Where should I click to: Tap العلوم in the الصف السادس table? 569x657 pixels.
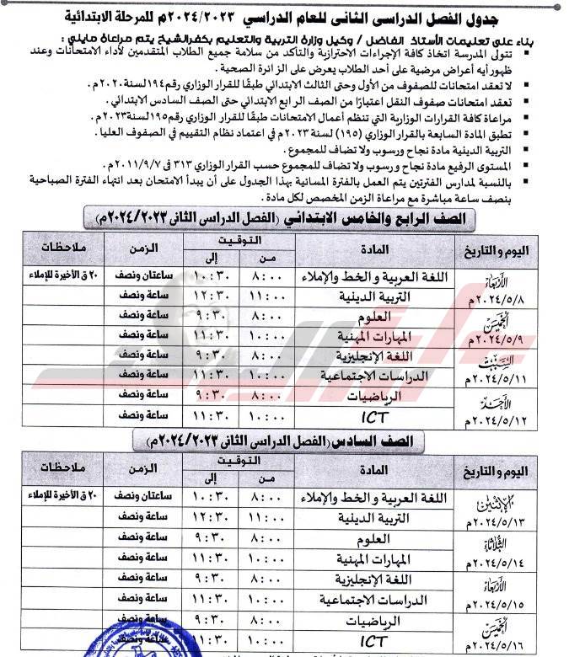pyautogui.click(x=376, y=538)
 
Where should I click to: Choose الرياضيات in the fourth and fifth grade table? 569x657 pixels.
pyautogui.click(x=377, y=394)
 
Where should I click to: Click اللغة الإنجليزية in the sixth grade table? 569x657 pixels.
pyautogui.click(x=376, y=580)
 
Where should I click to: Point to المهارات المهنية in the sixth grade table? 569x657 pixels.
pyautogui.click(x=376, y=559)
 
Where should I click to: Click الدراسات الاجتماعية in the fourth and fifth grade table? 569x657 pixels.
pyautogui.click(x=377, y=373)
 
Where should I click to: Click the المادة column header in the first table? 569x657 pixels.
pyautogui.click(x=376, y=249)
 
